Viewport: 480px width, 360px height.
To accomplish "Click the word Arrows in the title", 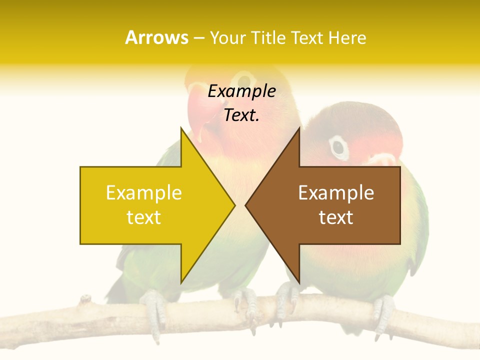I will (156, 37).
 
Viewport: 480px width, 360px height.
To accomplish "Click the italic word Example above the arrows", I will (241, 91).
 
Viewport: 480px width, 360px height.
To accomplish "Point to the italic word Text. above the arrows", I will (241, 115).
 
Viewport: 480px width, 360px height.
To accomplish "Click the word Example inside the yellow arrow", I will (143, 192).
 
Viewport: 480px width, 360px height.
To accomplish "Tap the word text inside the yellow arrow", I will (143, 217).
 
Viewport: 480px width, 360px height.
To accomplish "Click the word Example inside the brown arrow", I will (336, 192).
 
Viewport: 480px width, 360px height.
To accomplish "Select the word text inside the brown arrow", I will (336, 217).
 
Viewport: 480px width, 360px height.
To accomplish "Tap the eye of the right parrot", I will (338, 146).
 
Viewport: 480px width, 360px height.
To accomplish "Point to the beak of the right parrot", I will (382, 159).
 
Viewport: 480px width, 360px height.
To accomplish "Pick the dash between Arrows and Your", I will (198, 38).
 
